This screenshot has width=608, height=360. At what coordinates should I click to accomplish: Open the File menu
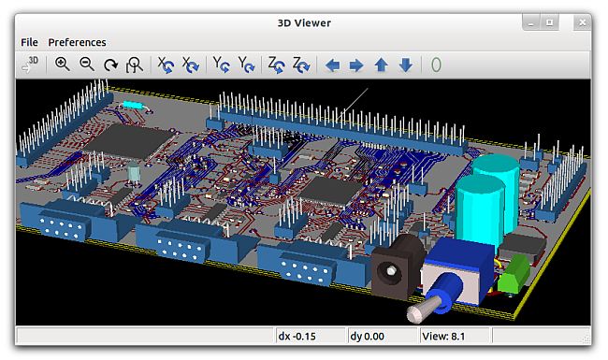click(x=29, y=42)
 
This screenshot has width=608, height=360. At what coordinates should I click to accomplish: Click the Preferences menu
click(x=77, y=42)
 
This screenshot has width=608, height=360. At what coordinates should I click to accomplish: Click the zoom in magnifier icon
click(x=62, y=65)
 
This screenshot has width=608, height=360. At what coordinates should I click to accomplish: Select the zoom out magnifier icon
click(x=86, y=65)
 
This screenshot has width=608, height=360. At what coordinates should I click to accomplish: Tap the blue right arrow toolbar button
click(x=356, y=65)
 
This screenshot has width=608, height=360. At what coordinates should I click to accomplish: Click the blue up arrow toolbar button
click(x=381, y=65)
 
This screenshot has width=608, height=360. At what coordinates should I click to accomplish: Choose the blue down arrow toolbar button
click(x=405, y=65)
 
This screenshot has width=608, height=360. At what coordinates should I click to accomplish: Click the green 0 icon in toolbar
click(x=436, y=65)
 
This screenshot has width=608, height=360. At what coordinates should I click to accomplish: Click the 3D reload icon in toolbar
click(x=30, y=65)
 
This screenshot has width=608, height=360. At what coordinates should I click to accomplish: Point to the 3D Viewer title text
click(x=303, y=22)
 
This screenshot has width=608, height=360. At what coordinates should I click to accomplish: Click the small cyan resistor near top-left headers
click(x=131, y=104)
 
